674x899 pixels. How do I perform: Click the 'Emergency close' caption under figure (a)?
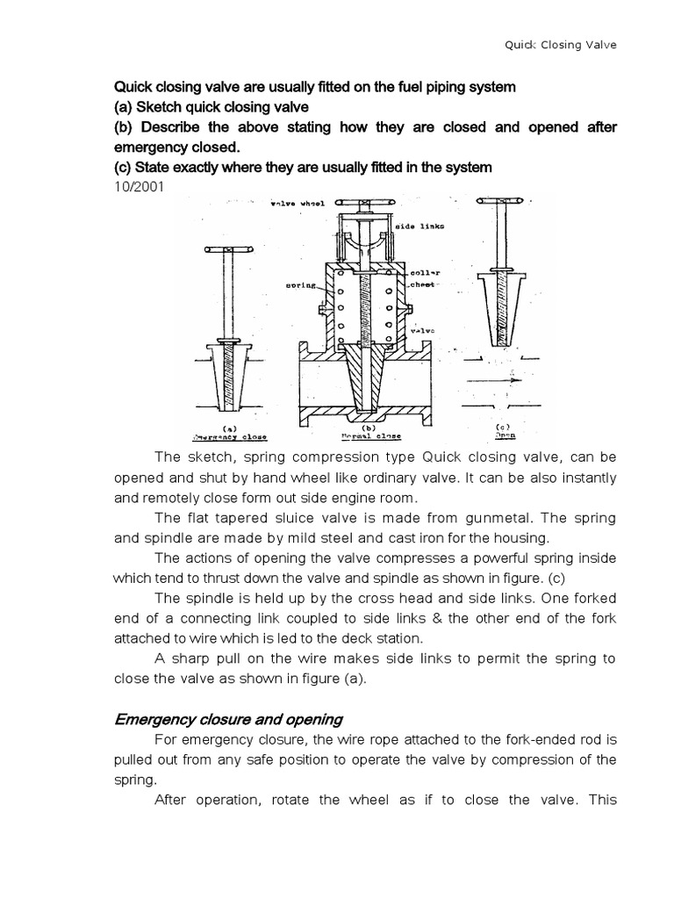(x=230, y=435)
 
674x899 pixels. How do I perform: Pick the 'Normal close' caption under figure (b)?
(x=368, y=435)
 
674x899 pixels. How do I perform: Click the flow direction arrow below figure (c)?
(x=505, y=383)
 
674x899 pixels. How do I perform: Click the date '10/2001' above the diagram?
(x=139, y=186)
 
